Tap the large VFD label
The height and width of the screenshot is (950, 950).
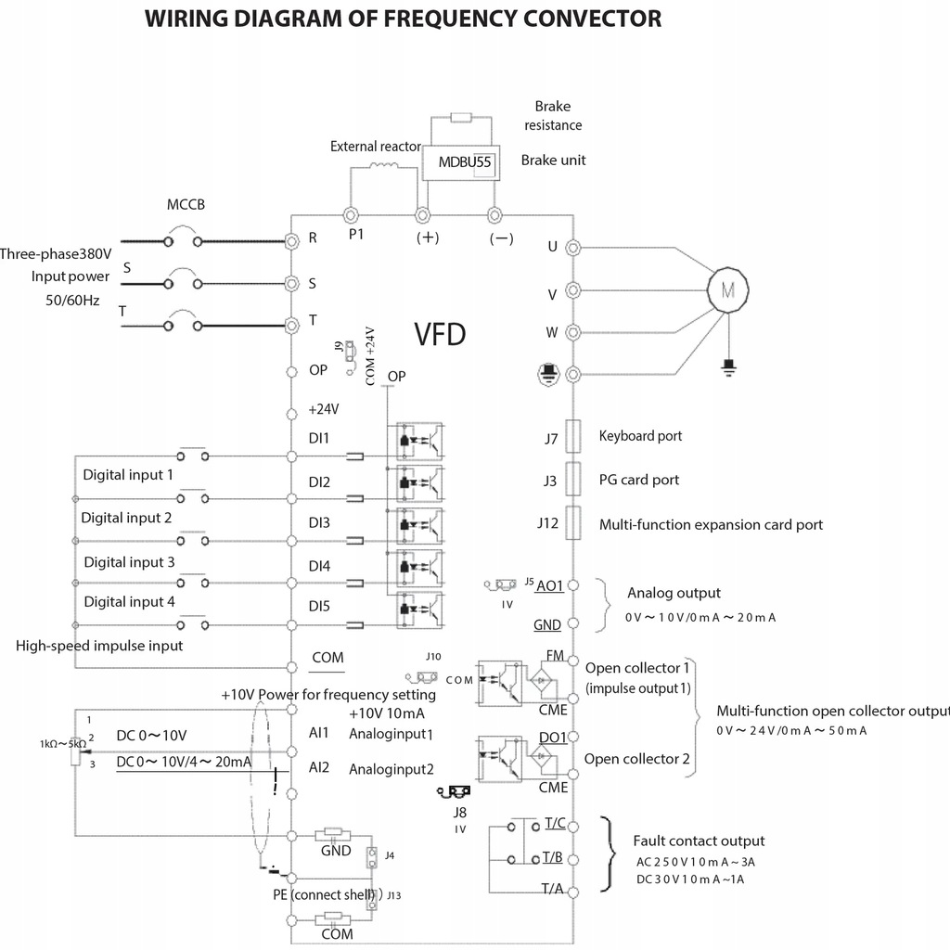pyautogui.click(x=440, y=335)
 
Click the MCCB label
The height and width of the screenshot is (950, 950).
pyautogui.click(x=186, y=205)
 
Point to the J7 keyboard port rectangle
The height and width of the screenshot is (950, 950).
pyautogui.click(x=572, y=435)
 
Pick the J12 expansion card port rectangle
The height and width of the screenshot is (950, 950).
pyautogui.click(x=572, y=523)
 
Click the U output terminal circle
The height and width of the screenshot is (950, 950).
pyautogui.click(x=573, y=248)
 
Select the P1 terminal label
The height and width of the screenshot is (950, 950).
pyautogui.click(x=356, y=235)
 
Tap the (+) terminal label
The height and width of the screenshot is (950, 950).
pyautogui.click(x=427, y=237)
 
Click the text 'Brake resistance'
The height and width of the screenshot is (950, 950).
pyautogui.click(x=553, y=116)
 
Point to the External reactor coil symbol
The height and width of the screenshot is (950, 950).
pyautogui.click(x=384, y=167)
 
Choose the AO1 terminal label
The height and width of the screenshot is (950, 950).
pyautogui.click(x=550, y=584)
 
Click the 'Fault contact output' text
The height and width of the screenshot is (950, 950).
pyautogui.click(x=699, y=841)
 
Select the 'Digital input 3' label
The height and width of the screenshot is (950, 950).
pyautogui.click(x=129, y=561)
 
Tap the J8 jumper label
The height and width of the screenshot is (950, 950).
pyautogui.click(x=459, y=812)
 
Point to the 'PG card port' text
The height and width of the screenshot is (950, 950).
pyautogui.click(x=639, y=480)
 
